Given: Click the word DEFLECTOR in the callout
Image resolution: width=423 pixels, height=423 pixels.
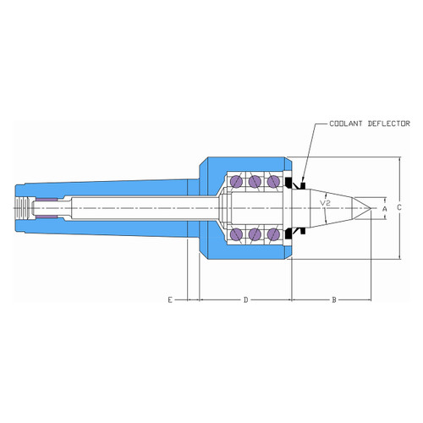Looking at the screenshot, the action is tap(389, 124).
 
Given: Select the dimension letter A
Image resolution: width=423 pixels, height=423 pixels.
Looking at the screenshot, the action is tap(385, 209).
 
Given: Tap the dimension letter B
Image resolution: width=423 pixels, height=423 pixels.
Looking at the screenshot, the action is tap(334, 299).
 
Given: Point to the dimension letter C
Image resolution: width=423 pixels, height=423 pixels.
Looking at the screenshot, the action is tap(399, 207).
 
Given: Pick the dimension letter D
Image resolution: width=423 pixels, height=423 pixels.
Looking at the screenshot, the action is tap(245, 299).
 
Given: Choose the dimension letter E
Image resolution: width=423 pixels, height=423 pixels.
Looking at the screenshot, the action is tap(170, 299).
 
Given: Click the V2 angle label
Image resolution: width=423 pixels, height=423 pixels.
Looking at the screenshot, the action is tap(325, 203).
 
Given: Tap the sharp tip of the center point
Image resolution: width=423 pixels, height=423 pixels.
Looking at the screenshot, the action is tap(371, 208).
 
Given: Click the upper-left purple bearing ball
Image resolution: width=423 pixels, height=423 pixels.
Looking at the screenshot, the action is tap(236, 181).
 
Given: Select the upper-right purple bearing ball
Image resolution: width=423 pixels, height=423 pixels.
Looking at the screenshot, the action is tap(273, 181).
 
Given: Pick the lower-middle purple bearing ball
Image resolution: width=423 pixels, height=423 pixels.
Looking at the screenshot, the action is tap(255, 234).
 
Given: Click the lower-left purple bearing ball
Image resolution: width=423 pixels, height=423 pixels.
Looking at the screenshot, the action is tap(236, 234).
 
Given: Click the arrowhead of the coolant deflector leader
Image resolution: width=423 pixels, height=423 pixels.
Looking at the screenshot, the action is tap(302, 180).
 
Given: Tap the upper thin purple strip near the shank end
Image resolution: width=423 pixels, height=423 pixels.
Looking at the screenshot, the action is tap(47, 200).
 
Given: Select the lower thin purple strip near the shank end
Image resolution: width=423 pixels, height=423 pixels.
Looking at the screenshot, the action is tap(47, 217).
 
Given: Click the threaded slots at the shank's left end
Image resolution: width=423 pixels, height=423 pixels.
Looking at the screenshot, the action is tap(22, 208).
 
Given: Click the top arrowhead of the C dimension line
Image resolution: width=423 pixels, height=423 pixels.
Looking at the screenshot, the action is tap(399, 160).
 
